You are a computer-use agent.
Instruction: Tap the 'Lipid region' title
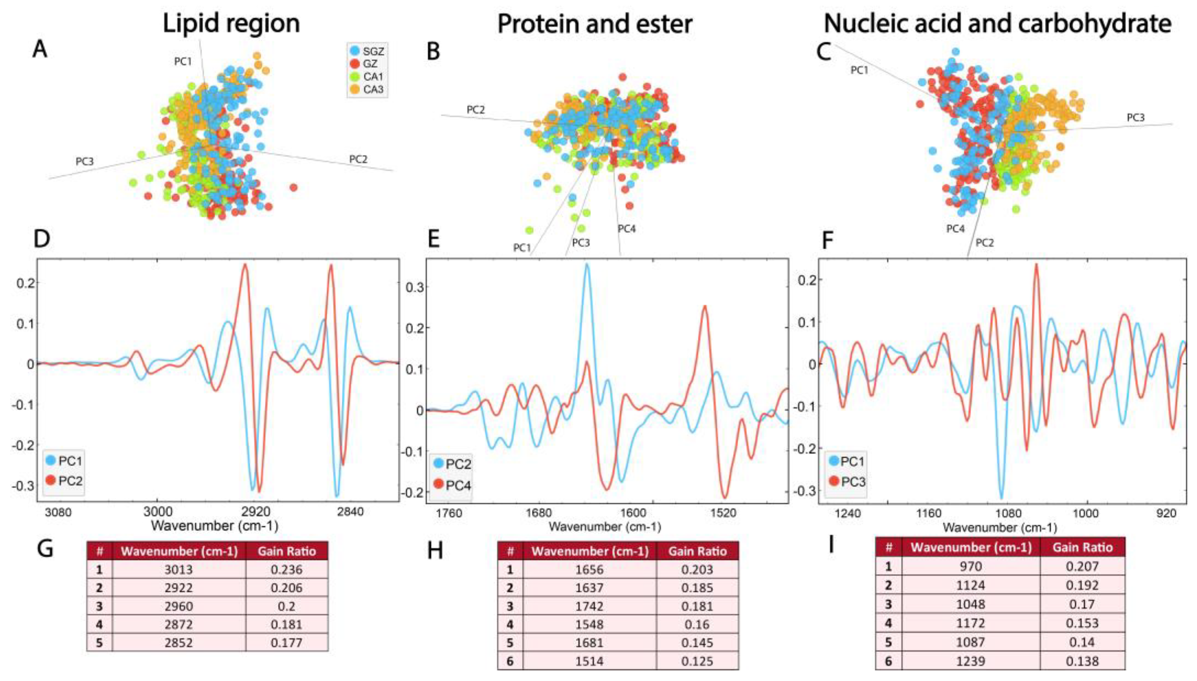pos(231,23)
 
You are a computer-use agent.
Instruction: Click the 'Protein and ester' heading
pos(594,23)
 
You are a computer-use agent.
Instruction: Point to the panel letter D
pos(42,239)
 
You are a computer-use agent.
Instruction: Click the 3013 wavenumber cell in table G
pos(179,569)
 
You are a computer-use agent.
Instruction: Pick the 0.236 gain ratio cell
pos(286,569)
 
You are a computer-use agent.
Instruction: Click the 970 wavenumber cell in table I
pos(971,566)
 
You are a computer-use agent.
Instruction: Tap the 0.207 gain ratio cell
pos(1082,566)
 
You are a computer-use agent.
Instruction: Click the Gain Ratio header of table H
pos(697,551)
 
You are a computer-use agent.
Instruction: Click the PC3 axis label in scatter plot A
pos(85,162)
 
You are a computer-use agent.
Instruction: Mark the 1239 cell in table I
pos(971,661)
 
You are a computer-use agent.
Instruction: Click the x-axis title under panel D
pos(215,526)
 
